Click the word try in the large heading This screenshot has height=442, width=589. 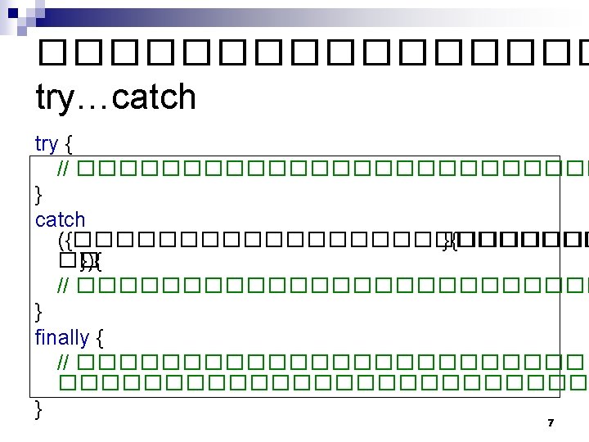coord(60,98)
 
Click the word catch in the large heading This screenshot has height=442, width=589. coord(155,97)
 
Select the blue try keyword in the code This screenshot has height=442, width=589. coord(47,144)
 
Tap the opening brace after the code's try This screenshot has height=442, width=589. coord(68,145)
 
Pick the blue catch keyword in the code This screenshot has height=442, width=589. coord(60,219)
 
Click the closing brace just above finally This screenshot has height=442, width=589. coord(39,310)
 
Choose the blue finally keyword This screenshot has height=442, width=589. coord(61,336)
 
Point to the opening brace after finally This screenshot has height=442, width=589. coord(100,336)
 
